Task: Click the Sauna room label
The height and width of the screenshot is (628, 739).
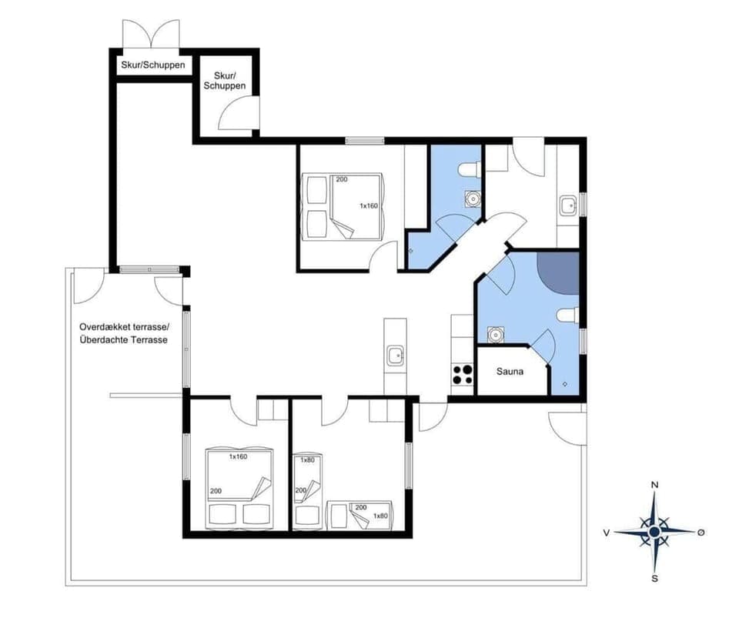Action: click(x=510, y=372)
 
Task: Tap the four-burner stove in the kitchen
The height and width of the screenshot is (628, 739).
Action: click(x=462, y=374)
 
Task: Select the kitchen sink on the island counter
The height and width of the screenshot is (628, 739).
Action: click(x=395, y=356)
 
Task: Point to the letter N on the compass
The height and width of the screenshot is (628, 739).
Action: click(x=654, y=485)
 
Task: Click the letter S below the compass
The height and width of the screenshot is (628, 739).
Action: click(x=654, y=578)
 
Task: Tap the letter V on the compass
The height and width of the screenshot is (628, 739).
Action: click(x=607, y=532)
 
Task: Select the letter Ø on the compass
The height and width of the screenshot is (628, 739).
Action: click(x=701, y=532)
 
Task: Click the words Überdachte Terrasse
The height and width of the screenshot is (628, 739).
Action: click(x=123, y=339)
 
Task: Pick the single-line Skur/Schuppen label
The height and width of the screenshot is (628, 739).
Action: click(x=152, y=65)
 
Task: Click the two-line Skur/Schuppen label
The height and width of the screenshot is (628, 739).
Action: click(x=225, y=80)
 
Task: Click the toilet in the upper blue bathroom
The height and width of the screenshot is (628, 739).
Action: click(x=469, y=169)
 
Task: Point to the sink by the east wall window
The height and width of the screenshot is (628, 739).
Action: click(x=568, y=205)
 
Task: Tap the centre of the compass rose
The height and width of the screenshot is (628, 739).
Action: click(x=654, y=531)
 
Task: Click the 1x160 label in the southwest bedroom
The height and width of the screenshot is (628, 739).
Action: click(x=239, y=457)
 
